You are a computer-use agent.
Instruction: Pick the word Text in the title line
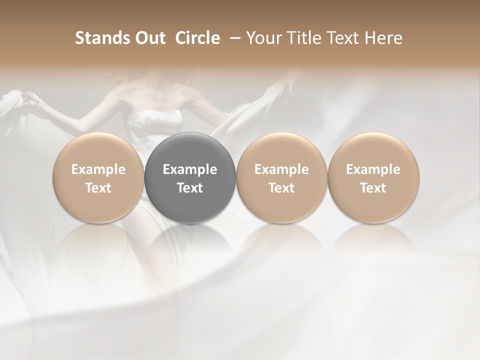(x=338, y=38)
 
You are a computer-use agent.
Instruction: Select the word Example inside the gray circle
(x=190, y=169)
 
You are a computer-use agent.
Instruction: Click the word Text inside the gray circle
(x=190, y=188)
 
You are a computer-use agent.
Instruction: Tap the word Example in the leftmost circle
(x=98, y=169)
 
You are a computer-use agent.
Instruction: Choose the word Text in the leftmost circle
(x=98, y=188)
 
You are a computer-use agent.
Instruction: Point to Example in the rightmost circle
(x=373, y=169)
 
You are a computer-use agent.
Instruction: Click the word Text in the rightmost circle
(x=373, y=188)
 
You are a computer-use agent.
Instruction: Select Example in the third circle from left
(x=281, y=169)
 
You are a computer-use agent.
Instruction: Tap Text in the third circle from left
(x=281, y=188)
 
